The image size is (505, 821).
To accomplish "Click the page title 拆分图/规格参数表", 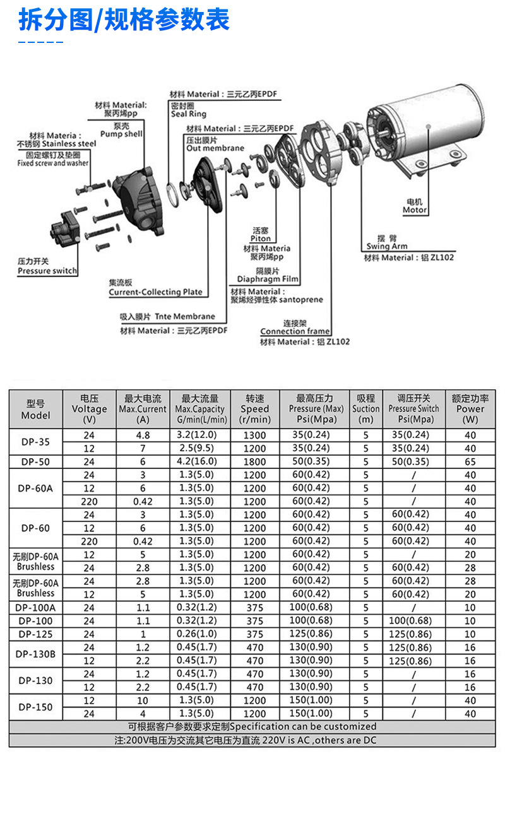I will click(124, 20).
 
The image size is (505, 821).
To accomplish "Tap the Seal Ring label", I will click(188, 114).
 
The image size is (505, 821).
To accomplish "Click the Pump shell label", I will click(121, 134).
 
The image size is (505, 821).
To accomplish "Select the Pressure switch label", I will click(47, 271).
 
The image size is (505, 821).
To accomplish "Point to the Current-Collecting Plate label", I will click(155, 292).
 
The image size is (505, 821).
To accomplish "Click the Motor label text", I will click(415, 210).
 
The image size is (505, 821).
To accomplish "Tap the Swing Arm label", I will click(386, 246).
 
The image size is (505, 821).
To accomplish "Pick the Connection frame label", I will click(295, 331).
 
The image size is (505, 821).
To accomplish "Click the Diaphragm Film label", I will click(268, 279).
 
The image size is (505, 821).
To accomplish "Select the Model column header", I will click(35, 409).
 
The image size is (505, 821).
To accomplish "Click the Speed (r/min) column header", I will click(254, 409).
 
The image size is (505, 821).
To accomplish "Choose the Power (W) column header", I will click(470, 409).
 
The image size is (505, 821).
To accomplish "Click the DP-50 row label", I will click(35, 461).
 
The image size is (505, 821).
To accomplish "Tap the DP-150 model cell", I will click(35, 707).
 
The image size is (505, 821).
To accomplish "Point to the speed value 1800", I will click(254, 461).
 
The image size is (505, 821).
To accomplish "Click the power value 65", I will click(470, 461).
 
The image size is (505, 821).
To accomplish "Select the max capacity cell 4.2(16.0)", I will click(197, 461).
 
